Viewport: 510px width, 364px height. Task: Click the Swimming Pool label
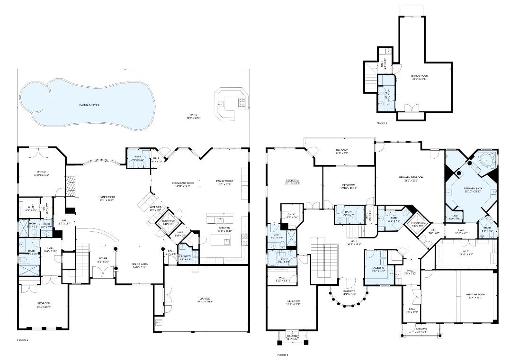(89, 105)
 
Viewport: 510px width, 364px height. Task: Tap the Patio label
(194, 115)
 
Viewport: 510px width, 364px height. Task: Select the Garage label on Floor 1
(206, 299)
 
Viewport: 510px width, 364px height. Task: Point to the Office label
(42, 173)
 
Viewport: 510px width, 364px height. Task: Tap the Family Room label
(224, 182)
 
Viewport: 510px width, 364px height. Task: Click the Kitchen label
(224, 228)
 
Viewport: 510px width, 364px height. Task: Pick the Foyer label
(103, 259)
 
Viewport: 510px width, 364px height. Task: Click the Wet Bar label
(156, 208)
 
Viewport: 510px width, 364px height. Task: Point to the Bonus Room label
(420, 76)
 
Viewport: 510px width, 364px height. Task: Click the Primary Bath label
(472, 189)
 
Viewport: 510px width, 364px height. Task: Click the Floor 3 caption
(382, 123)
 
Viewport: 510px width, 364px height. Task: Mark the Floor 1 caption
(23, 340)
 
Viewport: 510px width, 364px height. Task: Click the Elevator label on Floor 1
(169, 221)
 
